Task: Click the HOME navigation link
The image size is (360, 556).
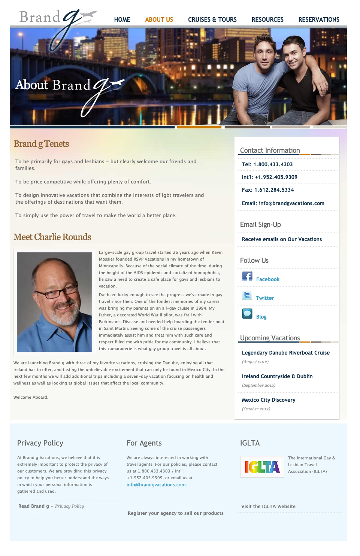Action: click(x=122, y=19)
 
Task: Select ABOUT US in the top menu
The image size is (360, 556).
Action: click(x=159, y=19)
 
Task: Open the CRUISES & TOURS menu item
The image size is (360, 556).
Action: click(x=212, y=19)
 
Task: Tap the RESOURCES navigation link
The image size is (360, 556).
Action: click(x=267, y=19)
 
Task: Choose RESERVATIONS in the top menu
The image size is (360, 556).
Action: click(x=319, y=19)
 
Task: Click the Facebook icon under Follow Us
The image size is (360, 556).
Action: click(x=247, y=276)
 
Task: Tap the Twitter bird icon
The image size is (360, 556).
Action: click(x=247, y=295)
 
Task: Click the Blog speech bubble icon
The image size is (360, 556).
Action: click(x=247, y=313)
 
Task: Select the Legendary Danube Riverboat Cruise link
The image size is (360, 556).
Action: click(x=285, y=353)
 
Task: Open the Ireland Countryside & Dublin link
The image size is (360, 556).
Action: click(x=277, y=376)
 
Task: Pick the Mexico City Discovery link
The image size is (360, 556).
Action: click(x=269, y=400)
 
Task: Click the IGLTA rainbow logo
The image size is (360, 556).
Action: click(x=262, y=467)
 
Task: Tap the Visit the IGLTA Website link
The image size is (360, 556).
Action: click(x=268, y=507)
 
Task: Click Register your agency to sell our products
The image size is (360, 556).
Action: click(x=175, y=513)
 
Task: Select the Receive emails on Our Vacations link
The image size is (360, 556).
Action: click(x=282, y=239)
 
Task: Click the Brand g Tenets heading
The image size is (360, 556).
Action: click(x=41, y=144)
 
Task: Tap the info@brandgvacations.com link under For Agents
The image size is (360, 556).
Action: click(x=156, y=485)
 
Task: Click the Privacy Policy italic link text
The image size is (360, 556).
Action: click(x=69, y=506)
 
